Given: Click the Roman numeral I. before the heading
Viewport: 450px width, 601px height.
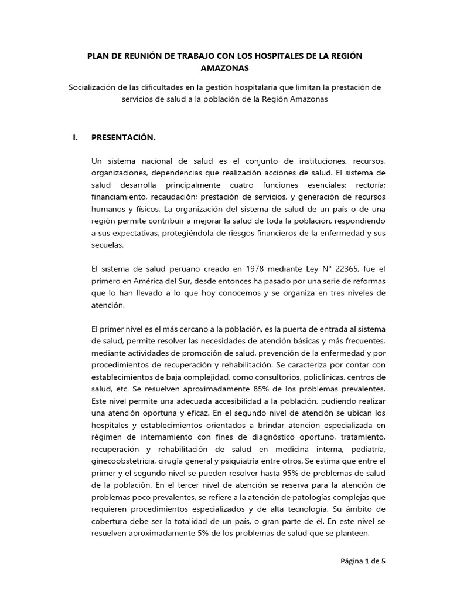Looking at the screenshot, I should [x=74, y=138].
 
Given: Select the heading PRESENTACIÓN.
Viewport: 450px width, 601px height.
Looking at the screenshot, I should [x=124, y=138].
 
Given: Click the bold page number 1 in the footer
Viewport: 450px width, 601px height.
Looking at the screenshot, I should [x=368, y=561].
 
